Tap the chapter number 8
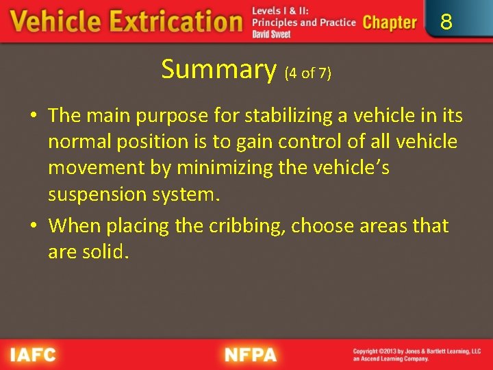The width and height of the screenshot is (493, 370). tap(446, 23)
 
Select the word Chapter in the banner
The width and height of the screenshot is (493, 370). tap(390, 22)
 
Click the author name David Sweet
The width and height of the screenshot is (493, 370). tap(272, 34)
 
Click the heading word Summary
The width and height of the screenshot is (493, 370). tap(218, 69)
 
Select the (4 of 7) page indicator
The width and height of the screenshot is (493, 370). tap(307, 73)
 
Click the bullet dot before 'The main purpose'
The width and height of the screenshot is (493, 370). tap(34, 116)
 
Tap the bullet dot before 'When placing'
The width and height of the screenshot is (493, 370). tap(34, 226)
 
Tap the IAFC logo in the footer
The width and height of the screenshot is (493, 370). tap(33, 355)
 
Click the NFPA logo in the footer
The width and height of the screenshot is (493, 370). tap(251, 355)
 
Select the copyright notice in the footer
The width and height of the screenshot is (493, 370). tap(416, 355)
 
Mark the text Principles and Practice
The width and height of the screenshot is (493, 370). tap(304, 22)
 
